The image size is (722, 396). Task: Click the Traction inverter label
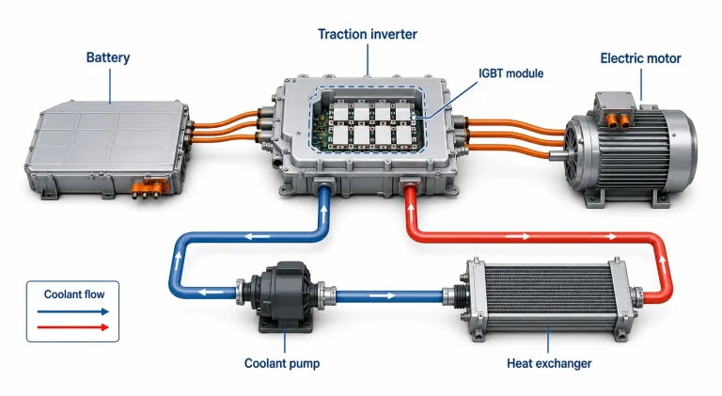tap(368, 34)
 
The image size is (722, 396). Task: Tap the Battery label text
tap(108, 57)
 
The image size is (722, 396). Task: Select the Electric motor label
tap(640, 58)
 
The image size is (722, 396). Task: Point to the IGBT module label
tap(511, 73)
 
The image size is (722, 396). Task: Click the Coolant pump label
tap(282, 363)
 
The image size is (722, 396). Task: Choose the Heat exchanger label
tap(549, 363)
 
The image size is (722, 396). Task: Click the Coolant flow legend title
tap(74, 294)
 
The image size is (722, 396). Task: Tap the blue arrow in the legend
tap(72, 311)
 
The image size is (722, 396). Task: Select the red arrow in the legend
tap(72, 327)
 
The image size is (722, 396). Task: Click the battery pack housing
tap(107, 148)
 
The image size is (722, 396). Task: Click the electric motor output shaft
tap(556, 155)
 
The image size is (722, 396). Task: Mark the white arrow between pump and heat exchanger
tap(383, 295)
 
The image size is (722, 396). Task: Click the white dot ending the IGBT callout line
tap(414, 118)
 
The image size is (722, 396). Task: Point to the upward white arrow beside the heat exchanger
tap(663, 261)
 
